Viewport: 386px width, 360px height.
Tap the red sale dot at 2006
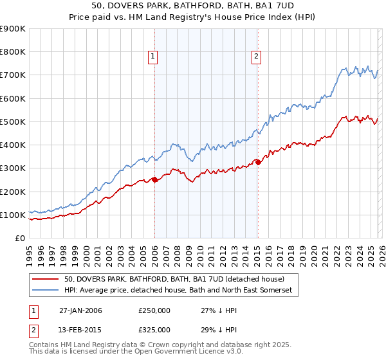pos(154,180)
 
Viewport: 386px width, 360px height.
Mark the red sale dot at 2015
pos(257,163)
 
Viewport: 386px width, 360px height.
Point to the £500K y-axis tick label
pos(13,122)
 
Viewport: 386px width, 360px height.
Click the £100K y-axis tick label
pos(13,215)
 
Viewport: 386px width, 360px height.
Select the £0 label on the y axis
pos(19,238)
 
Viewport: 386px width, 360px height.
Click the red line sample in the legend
pos(45,279)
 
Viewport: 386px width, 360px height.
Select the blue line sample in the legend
pos(45,291)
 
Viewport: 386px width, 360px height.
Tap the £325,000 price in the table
pos(154,329)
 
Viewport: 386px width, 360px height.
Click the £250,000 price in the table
pos(154,310)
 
